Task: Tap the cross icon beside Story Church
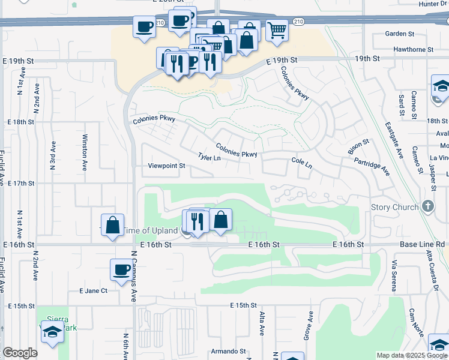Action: (x=427, y=206)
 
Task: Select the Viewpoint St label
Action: (x=163, y=166)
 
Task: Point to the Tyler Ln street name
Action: (x=209, y=158)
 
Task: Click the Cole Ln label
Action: (x=302, y=163)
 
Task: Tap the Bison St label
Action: (x=358, y=146)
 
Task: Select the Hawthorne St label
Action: (x=414, y=49)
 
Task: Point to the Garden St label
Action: (x=400, y=34)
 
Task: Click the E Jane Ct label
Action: (x=93, y=290)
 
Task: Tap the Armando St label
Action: (x=228, y=352)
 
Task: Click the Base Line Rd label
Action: (x=424, y=245)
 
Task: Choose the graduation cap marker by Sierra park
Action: (x=52, y=331)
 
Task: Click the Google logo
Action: (x=20, y=353)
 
